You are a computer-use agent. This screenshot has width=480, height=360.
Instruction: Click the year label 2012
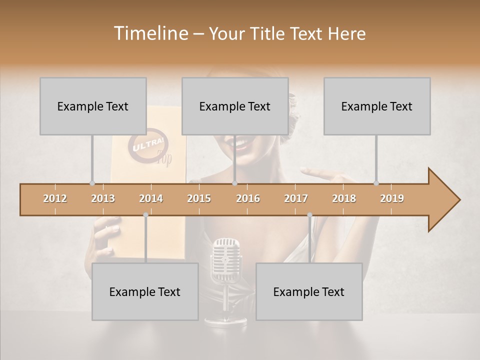(x=55, y=198)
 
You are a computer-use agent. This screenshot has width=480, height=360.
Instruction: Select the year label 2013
(x=103, y=198)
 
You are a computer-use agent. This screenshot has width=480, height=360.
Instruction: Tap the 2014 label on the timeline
(x=151, y=198)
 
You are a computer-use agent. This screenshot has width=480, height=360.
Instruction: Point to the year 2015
(x=199, y=198)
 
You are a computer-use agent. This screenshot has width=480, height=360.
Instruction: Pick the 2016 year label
(x=248, y=198)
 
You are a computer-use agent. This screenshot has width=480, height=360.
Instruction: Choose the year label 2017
(x=296, y=198)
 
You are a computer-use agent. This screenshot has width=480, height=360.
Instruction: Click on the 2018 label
(x=344, y=198)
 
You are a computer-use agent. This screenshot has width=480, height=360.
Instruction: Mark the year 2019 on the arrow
(x=392, y=198)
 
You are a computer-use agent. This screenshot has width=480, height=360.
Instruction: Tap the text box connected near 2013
(x=93, y=106)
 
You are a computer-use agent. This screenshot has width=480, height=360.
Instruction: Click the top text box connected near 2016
(x=235, y=106)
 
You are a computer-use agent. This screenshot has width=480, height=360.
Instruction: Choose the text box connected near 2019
(x=377, y=106)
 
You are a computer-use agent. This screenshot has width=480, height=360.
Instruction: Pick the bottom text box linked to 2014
(x=145, y=291)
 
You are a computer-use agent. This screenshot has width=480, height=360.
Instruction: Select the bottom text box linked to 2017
(x=309, y=291)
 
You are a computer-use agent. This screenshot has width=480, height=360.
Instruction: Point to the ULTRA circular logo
(x=148, y=147)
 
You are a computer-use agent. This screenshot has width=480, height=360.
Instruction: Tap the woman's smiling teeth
(x=239, y=144)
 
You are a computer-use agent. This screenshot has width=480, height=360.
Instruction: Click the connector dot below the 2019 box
(x=376, y=183)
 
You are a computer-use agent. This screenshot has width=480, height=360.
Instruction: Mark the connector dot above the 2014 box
(x=145, y=215)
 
